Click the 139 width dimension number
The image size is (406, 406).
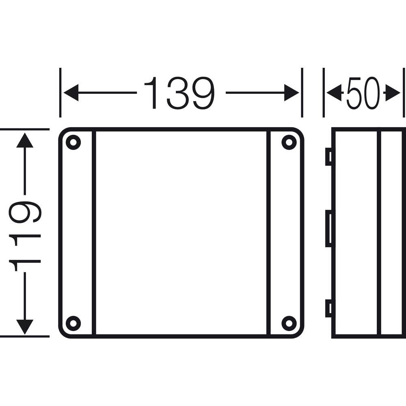179,93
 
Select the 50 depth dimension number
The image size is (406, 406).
363,93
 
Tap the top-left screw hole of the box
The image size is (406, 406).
73,142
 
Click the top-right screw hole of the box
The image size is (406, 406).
289,142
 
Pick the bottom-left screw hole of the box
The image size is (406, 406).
73,324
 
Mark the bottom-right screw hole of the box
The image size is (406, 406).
289,324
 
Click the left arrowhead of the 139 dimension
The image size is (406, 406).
71,93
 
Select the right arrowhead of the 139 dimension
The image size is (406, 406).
292,93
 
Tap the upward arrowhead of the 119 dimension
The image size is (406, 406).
25,140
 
